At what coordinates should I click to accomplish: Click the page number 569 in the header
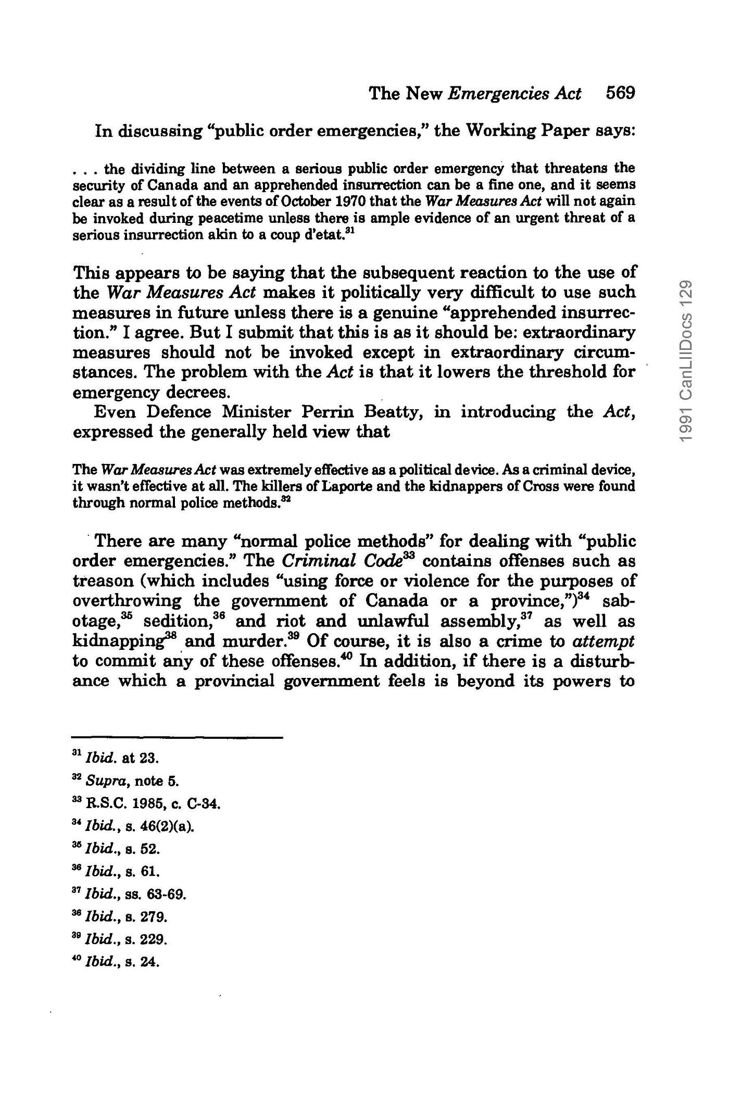pos(620,94)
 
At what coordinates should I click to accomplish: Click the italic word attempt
pos(604,641)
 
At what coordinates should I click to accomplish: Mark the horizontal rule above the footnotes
pos(177,737)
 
